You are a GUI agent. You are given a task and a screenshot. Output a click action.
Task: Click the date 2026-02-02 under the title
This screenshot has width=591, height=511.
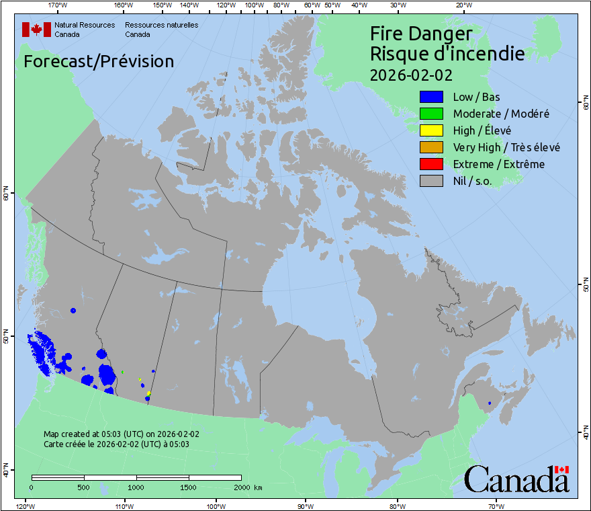pyautogui.click(x=411, y=73)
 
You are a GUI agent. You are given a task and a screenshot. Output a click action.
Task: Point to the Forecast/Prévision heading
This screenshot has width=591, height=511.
pyautogui.click(x=99, y=61)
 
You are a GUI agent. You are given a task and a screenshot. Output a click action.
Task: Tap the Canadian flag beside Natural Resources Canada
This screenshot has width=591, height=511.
pyautogui.click(x=36, y=30)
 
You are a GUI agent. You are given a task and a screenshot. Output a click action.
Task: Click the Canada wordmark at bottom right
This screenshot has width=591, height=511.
pyautogui.click(x=516, y=479)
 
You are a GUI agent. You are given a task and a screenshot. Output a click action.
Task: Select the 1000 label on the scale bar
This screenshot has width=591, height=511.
pyautogui.click(x=136, y=487)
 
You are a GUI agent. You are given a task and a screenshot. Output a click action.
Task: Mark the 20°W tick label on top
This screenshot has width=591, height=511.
pyautogui.click(x=462, y=5)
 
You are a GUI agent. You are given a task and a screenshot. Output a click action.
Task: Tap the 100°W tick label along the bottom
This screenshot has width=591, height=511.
pyautogui.click(x=215, y=506)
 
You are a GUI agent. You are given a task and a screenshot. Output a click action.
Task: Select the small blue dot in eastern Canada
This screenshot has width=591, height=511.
pyautogui.click(x=490, y=403)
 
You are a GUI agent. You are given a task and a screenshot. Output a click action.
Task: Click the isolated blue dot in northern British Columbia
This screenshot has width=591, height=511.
pyautogui.click(x=73, y=311)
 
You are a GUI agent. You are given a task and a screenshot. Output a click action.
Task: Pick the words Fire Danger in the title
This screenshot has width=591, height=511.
pyautogui.click(x=421, y=34)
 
